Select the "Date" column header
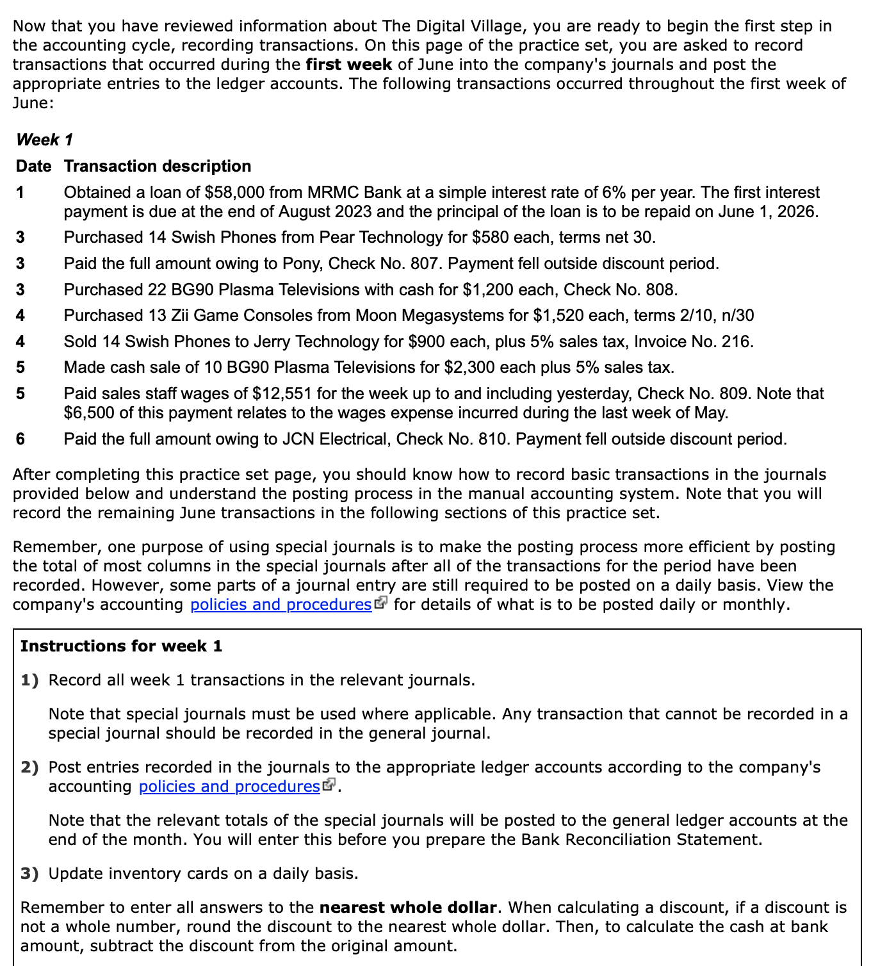click(x=33, y=166)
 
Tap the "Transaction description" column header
click(x=158, y=166)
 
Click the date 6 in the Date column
click(x=20, y=439)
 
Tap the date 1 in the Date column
click(x=20, y=193)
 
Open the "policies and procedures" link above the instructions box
click(x=281, y=605)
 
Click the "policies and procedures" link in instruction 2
click(x=229, y=787)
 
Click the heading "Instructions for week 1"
click(x=121, y=646)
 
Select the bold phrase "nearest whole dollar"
click(x=408, y=908)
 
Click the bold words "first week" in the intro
click(x=349, y=65)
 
